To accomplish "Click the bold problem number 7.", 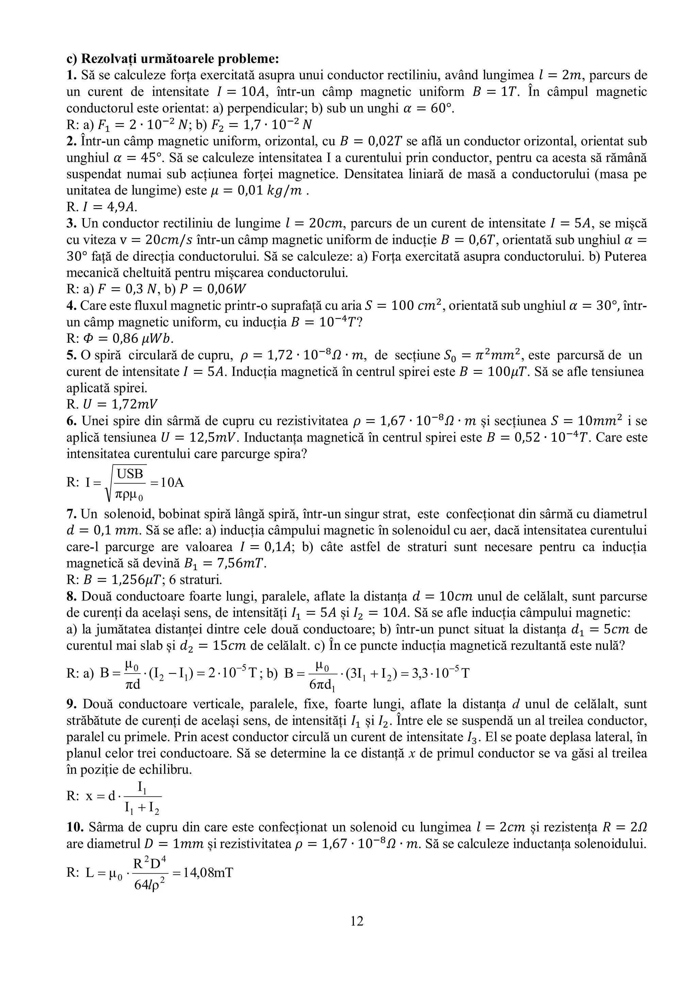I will (x=71, y=514).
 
